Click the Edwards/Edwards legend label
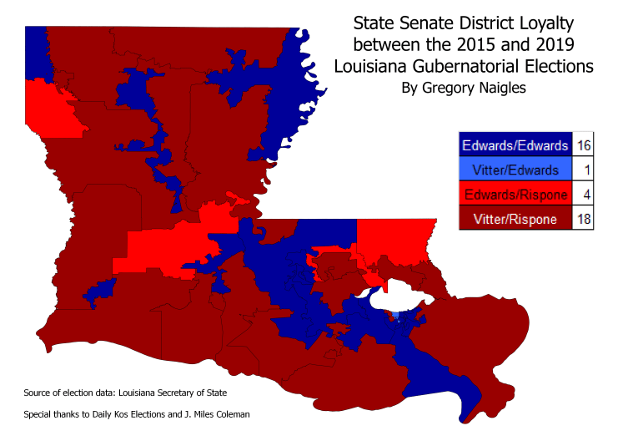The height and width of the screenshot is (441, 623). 514,145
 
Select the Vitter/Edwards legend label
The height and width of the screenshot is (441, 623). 514,170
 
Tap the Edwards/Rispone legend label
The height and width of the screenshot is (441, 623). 514,195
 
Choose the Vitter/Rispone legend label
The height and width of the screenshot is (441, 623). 514,219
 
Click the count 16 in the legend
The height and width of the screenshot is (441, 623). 583,145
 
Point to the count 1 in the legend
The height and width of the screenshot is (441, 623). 583,170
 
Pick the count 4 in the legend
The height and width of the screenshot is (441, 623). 583,195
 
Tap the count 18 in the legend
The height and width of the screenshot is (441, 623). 583,219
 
